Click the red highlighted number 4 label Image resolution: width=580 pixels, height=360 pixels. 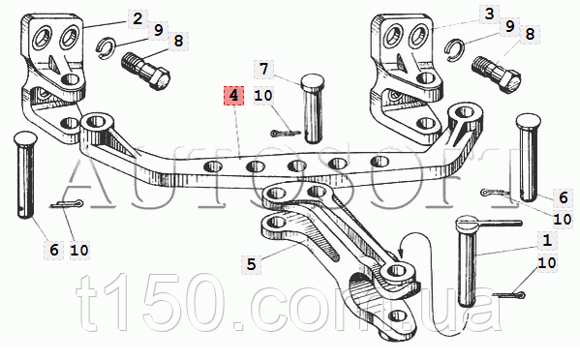click(x=233, y=96)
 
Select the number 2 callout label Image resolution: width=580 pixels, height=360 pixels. click(x=137, y=18)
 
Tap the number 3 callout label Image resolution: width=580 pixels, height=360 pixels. click(x=489, y=15)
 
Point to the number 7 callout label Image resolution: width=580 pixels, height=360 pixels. click(x=263, y=69)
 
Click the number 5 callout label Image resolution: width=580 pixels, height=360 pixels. click(x=251, y=264)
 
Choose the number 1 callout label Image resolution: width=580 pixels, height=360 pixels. click(x=547, y=241)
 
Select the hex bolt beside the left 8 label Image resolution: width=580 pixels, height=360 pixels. click(x=146, y=72)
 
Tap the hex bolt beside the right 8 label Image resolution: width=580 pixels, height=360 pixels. click(x=497, y=75)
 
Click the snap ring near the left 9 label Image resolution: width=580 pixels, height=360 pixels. click(x=106, y=47)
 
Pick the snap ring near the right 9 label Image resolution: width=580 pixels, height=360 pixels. click(x=455, y=49)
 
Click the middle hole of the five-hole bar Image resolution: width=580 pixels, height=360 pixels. click(x=297, y=165)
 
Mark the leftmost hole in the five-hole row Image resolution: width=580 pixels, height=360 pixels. click(x=212, y=166)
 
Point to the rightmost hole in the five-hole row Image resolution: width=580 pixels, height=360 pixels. click(x=380, y=162)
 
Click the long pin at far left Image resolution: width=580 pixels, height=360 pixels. click(x=25, y=174)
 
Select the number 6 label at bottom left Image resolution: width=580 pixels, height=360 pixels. click(x=54, y=250)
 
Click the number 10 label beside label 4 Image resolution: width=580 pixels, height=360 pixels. click(x=263, y=96)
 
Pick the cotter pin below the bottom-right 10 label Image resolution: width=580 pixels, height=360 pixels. click(x=508, y=295)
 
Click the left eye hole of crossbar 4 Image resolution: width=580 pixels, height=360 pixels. click(x=97, y=121)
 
